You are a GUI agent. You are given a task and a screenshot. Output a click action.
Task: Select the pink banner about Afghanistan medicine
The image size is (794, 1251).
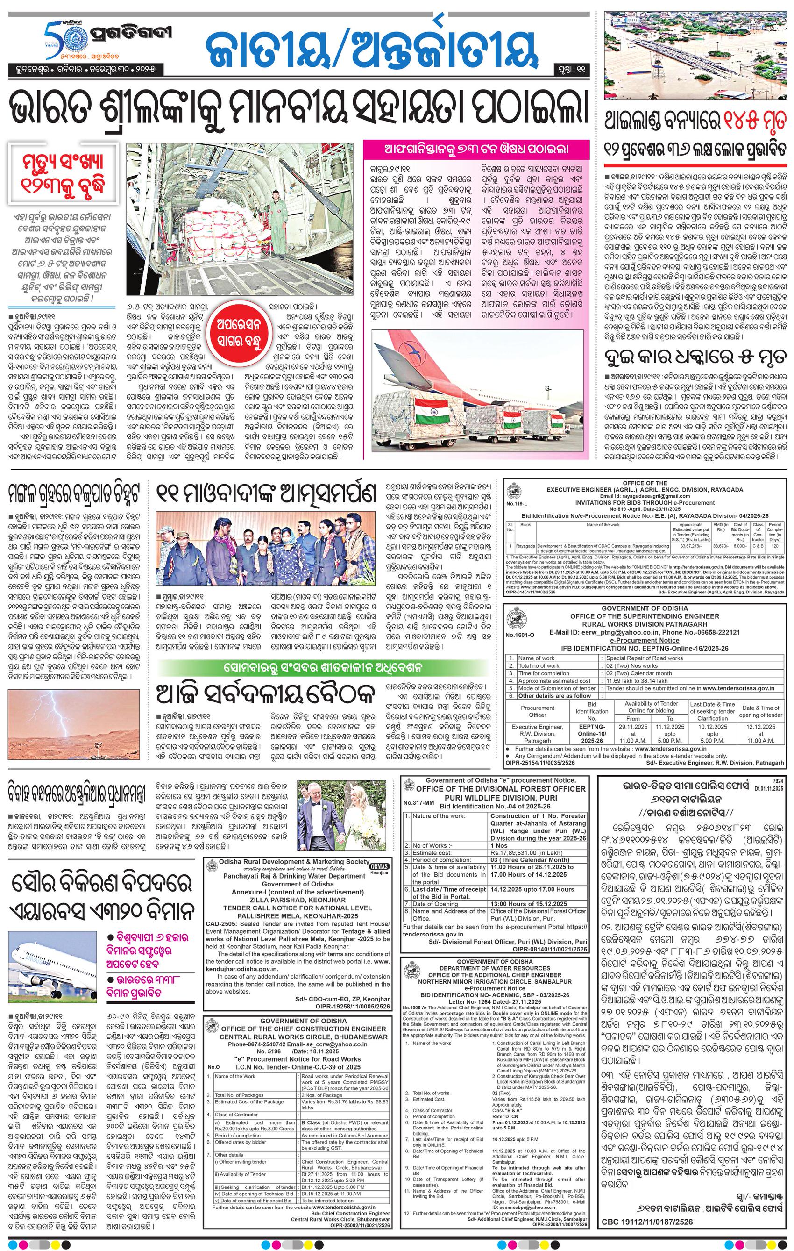pyautogui.click(x=477, y=149)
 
